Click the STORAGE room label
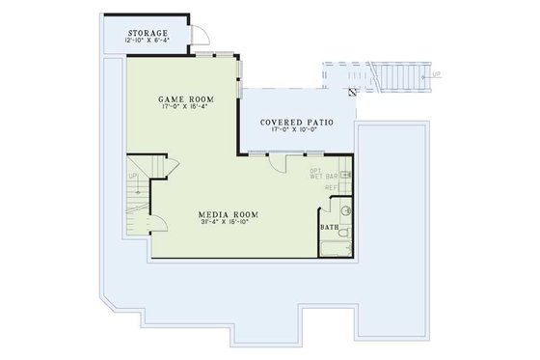(x=147, y=33)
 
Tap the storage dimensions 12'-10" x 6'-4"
(x=147, y=42)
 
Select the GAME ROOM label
(x=185, y=99)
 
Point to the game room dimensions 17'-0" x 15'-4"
(x=185, y=108)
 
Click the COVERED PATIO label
(x=297, y=124)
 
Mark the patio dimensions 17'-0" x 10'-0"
(x=297, y=133)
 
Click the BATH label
(x=330, y=228)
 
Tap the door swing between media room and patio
(x=279, y=163)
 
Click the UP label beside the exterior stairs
(x=437, y=74)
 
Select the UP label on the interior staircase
(x=134, y=178)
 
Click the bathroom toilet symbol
(x=346, y=208)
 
